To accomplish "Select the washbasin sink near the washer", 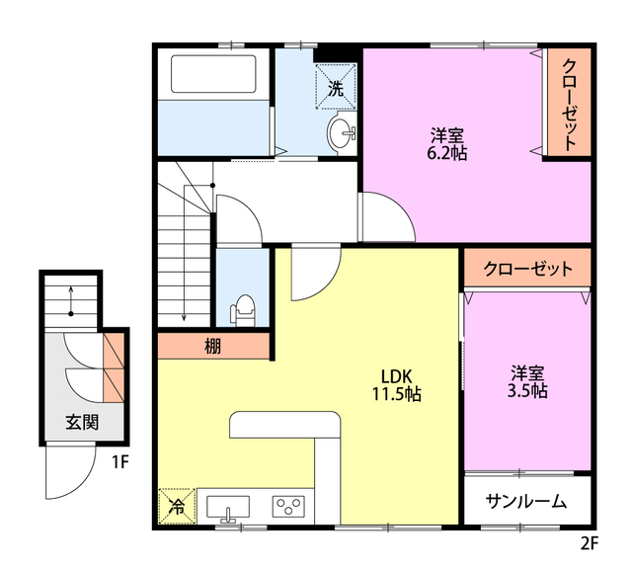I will tap(343, 132).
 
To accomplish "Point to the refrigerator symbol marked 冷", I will tap(177, 506).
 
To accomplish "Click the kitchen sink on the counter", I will tap(228, 507).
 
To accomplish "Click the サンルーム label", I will tap(526, 502).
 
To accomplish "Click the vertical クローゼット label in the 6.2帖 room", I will tap(570, 103).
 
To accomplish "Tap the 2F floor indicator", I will tap(590, 542).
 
